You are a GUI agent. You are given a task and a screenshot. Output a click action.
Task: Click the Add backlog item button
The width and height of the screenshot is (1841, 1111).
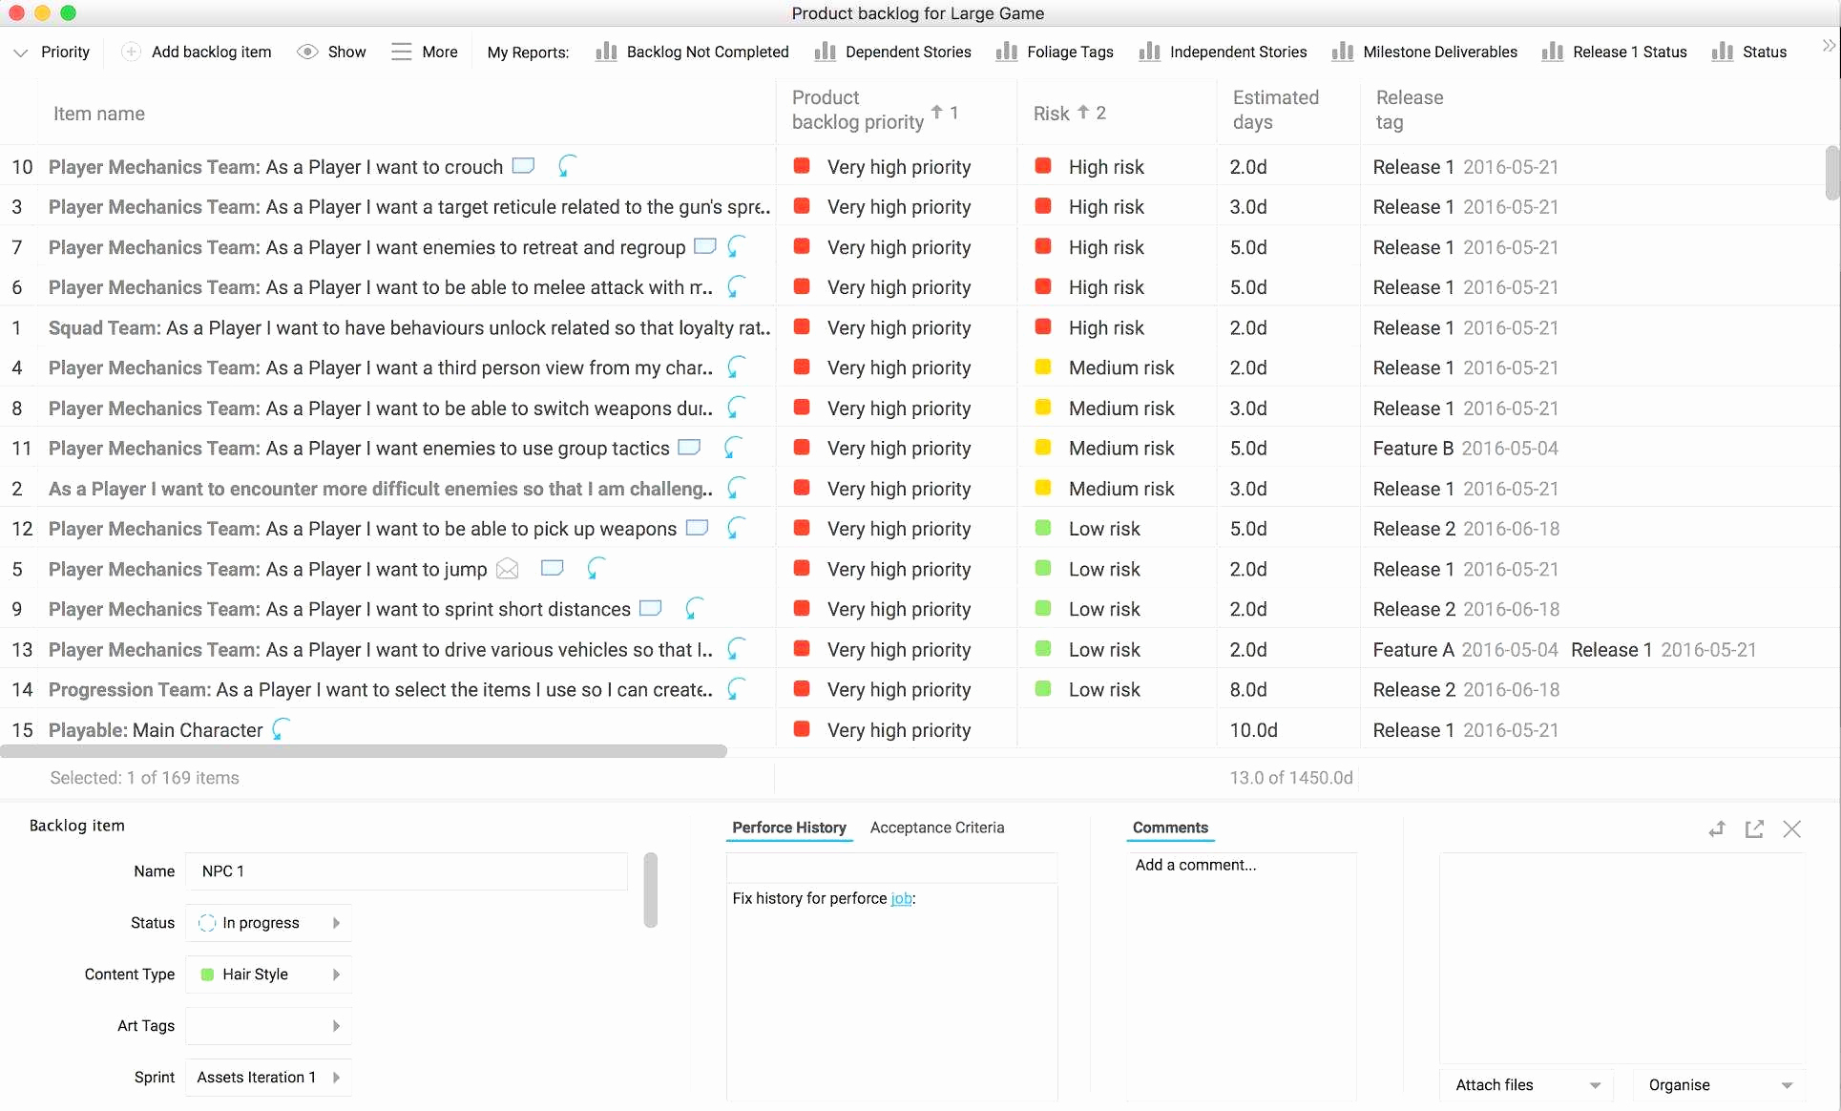coord(198,52)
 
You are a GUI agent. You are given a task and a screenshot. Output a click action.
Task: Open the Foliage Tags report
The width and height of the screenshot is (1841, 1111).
coord(1056,52)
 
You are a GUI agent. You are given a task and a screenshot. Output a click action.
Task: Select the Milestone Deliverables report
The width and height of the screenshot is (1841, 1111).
coord(1425,52)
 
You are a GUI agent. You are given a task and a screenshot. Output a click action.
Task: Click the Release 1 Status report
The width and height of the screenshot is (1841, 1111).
coord(1615,52)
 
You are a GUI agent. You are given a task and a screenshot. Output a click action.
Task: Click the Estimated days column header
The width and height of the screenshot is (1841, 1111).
coord(1275,110)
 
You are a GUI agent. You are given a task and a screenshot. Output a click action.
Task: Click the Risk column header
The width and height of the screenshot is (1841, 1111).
coord(1052,114)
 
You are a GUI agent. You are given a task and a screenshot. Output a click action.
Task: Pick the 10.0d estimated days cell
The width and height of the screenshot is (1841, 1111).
coord(1253,730)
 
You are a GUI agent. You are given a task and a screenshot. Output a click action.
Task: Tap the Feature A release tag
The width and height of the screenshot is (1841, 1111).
coord(1412,650)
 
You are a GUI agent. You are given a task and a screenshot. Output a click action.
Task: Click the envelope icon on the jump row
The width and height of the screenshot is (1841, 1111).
coord(508,570)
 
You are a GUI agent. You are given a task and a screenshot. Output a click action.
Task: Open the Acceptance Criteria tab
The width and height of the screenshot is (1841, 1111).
coord(936,828)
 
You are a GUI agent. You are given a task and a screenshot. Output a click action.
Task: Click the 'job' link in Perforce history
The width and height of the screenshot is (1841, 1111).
coord(900,898)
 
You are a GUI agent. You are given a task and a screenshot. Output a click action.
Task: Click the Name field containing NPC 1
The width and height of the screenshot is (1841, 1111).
coord(407,871)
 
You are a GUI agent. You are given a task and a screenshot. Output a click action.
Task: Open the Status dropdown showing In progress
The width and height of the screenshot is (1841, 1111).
coord(268,923)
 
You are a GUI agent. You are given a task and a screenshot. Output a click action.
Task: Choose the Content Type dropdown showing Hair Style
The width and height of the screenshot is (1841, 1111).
coord(268,975)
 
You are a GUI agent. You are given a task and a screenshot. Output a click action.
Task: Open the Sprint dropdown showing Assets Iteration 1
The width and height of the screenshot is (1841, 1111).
coord(268,1078)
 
